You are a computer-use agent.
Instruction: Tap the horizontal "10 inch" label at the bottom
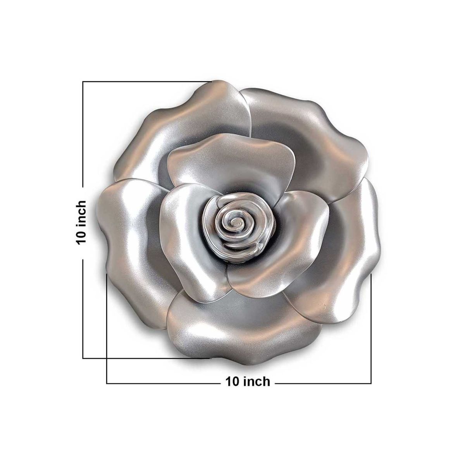coord(248,382)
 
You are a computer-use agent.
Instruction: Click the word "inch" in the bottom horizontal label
coord(257,382)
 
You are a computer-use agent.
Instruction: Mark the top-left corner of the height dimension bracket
coord(83,82)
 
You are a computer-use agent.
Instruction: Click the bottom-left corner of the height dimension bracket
coord(83,358)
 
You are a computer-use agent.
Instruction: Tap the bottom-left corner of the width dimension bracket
coord(107,383)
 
